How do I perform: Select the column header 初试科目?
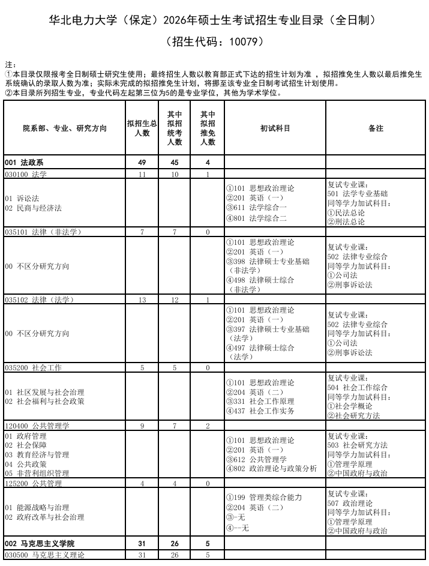pyautogui.click(x=275, y=128)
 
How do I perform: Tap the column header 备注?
pyautogui.click(x=376, y=128)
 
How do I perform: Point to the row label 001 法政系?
pyautogui.click(x=24, y=163)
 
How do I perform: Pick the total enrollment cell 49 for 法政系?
pyautogui.click(x=142, y=163)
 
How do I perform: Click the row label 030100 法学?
pyautogui.click(x=26, y=175)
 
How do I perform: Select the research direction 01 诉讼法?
pyautogui.click(x=22, y=198)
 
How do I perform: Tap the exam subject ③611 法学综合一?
pyautogui.click(x=256, y=208)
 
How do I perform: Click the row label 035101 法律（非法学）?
pyautogui.click(x=43, y=232)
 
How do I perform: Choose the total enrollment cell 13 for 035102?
pyautogui.click(x=142, y=300)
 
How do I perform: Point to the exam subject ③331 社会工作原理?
pyautogui.click(x=260, y=402)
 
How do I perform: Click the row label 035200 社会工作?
pyautogui.click(x=33, y=367)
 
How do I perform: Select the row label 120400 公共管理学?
pyautogui.click(x=37, y=426)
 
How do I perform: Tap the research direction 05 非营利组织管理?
pyautogui.click(x=37, y=474)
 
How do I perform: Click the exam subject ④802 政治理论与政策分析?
pyautogui.click(x=271, y=469)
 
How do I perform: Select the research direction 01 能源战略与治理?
pyautogui.click(x=37, y=507)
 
